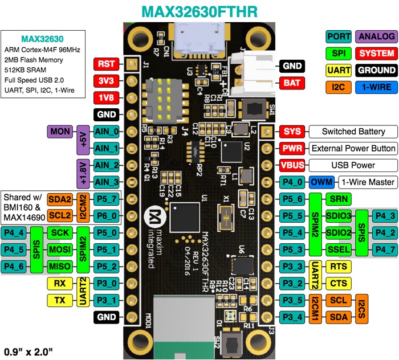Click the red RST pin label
(107, 64)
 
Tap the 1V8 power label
(107, 97)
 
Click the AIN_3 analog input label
(107, 182)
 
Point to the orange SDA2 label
(59, 199)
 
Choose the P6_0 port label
(107, 216)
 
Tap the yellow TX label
(60, 300)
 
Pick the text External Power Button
(353, 149)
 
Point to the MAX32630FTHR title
(199, 11)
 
